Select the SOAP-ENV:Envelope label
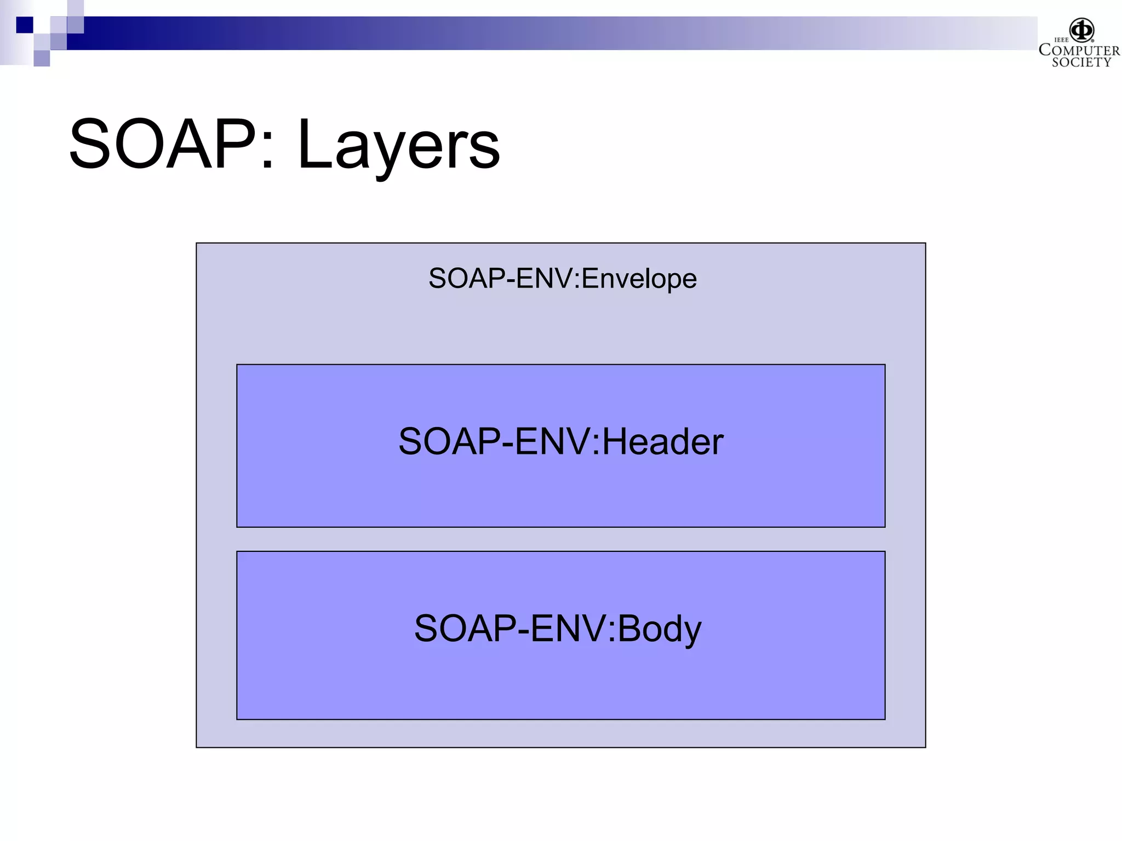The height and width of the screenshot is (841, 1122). pyautogui.click(x=562, y=279)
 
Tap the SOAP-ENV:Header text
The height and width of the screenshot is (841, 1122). pyautogui.click(x=560, y=441)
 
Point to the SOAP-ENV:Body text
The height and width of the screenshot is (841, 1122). pyautogui.click(x=557, y=629)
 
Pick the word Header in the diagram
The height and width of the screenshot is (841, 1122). pyautogui.click(x=663, y=441)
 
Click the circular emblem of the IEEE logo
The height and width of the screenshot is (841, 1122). pyautogui.click(x=1082, y=30)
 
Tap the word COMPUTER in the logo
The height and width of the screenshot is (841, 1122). pyautogui.click(x=1079, y=50)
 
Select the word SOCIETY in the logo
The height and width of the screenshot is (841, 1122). pyautogui.click(x=1081, y=62)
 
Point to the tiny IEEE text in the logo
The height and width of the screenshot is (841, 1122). pyautogui.click(x=1061, y=40)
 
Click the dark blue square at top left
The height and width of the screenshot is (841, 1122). pyautogui.click(x=24, y=25)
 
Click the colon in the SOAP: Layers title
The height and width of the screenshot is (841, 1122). pyautogui.click(x=267, y=151)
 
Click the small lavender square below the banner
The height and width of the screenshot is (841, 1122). pyautogui.click(x=42, y=58)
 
